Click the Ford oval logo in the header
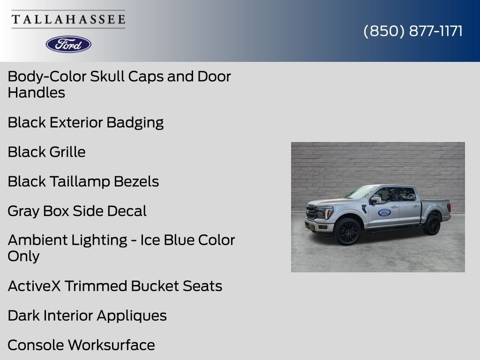coord(68,45)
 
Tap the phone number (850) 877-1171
coord(413,31)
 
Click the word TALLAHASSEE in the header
coord(68,19)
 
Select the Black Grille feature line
coord(46,152)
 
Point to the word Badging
coord(135,123)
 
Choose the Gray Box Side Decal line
coord(77,211)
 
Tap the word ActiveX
coord(34,286)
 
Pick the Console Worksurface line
coord(82,345)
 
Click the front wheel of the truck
coord(347,232)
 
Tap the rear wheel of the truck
coord(432,225)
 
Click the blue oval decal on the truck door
coord(384,212)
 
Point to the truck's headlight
coord(324,212)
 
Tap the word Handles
coord(37,93)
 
